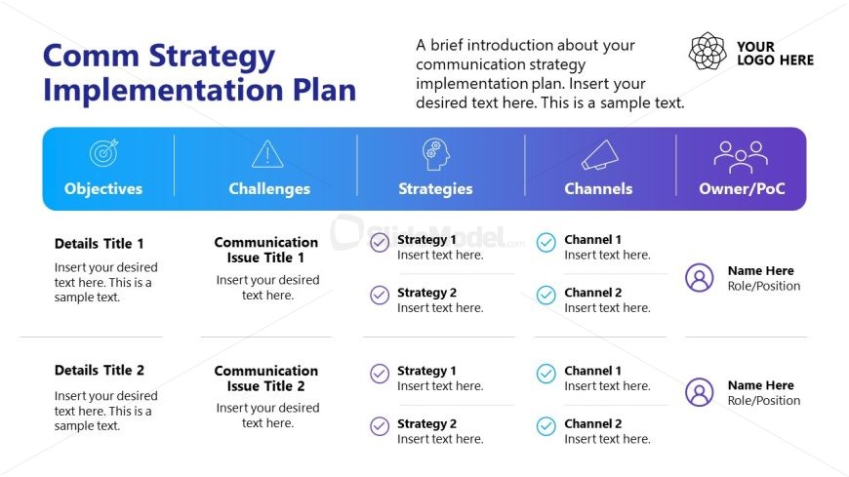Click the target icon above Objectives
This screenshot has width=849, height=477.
(x=103, y=153)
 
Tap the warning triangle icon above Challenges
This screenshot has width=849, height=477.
(x=267, y=154)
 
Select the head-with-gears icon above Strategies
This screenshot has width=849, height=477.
(x=436, y=154)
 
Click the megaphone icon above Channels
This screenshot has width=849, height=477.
(x=600, y=155)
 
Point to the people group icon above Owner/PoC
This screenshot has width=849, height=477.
(x=741, y=157)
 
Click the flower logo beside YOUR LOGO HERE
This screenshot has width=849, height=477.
(x=707, y=51)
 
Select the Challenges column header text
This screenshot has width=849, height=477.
(x=269, y=188)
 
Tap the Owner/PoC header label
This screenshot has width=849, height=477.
(x=742, y=188)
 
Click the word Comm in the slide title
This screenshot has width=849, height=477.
(x=91, y=56)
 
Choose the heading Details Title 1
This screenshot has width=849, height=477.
(x=100, y=244)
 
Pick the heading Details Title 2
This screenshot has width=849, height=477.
(x=100, y=371)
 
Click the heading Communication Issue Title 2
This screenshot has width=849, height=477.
(x=265, y=378)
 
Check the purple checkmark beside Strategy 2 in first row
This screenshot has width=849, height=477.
(x=380, y=296)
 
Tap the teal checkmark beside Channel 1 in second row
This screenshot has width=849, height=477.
(x=546, y=374)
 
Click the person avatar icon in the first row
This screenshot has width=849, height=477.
(x=700, y=278)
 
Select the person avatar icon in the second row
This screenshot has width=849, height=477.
(x=700, y=392)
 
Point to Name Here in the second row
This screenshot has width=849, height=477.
(x=761, y=385)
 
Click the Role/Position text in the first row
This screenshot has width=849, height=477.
(x=764, y=286)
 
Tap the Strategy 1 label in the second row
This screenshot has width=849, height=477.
(x=426, y=371)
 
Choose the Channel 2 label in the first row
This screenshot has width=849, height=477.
(x=593, y=293)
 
